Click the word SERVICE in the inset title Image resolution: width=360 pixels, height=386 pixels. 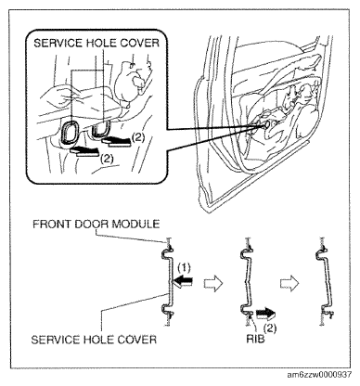[x=58, y=43]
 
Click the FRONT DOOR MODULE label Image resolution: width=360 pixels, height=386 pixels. [x=96, y=224]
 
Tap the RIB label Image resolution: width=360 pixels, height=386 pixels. [x=255, y=339]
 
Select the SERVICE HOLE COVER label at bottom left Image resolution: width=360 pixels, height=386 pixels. [x=94, y=340]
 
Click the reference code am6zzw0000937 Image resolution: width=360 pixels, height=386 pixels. [x=319, y=375]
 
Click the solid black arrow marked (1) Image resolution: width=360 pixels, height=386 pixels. [x=184, y=282]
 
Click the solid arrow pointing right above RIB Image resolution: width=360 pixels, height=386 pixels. [x=265, y=315]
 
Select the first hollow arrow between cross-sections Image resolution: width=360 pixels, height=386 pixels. [x=213, y=283]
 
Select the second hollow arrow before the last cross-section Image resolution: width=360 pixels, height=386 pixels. [x=289, y=283]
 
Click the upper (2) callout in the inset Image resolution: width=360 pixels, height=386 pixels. [x=138, y=137]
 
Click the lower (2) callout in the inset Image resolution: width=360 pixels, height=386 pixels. [x=107, y=159]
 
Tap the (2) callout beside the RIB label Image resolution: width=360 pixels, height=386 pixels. [x=270, y=328]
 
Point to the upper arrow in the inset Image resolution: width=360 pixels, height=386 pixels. [x=116, y=141]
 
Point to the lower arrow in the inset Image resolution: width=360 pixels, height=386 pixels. [x=84, y=151]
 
